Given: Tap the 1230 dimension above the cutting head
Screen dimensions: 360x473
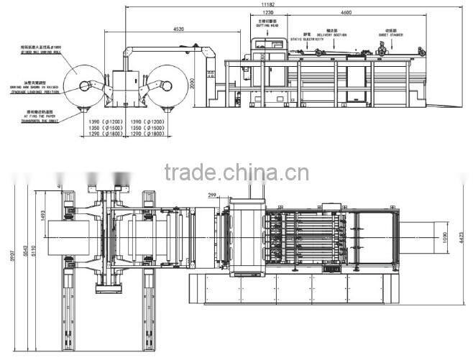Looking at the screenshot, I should coord(267,13).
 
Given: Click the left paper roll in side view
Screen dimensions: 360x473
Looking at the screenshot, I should coord(84,86).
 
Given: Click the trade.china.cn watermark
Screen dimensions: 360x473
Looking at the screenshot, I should coord(236,172).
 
